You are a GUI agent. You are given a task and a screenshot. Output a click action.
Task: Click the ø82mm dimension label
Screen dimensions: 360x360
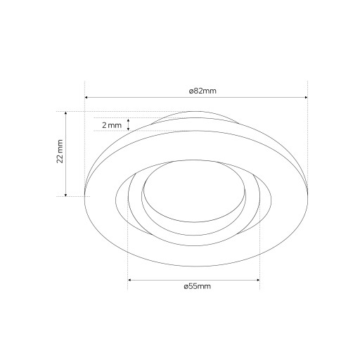[x=202, y=91]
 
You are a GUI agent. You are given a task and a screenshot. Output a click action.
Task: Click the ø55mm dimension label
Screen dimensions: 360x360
[x=198, y=286]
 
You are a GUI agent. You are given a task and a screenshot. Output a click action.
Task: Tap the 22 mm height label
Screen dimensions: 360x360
[x=60, y=151]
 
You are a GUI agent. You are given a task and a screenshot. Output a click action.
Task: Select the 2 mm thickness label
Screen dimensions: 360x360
[x=112, y=125]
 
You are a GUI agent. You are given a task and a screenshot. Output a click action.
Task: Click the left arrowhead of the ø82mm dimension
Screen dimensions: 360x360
[x=86, y=97]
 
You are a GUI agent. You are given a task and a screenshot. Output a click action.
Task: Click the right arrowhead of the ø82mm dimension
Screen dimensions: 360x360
[x=306, y=97]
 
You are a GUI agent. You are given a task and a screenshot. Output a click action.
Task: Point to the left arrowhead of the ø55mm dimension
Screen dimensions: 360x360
[x=129, y=280]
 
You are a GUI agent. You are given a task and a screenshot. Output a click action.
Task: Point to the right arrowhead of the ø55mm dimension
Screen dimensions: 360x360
[x=258, y=280]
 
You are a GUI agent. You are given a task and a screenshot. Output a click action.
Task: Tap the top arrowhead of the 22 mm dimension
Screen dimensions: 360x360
[x=66, y=113]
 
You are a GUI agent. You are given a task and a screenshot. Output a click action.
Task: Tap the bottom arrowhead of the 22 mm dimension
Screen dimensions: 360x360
[x=66, y=195]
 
